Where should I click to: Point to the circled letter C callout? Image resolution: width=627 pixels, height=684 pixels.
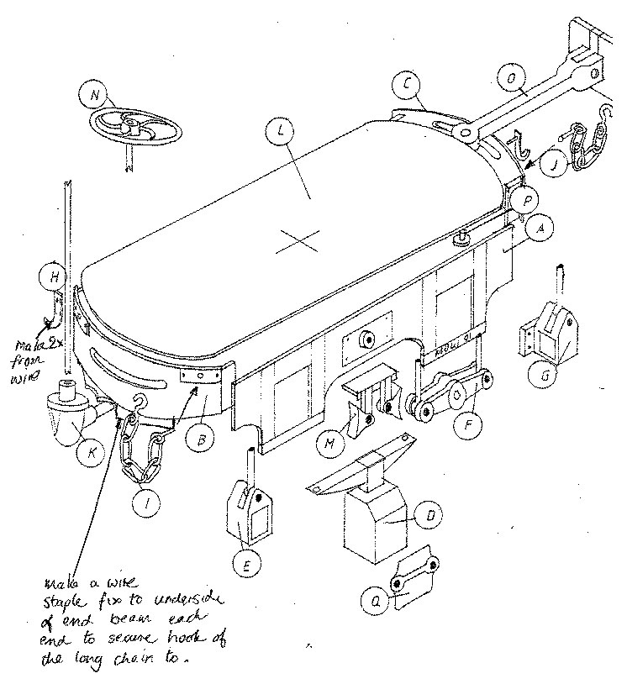coord(407,84)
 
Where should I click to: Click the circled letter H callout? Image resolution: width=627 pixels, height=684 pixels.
coord(52,276)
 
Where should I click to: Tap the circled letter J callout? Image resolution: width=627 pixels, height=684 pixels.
coord(552,164)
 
